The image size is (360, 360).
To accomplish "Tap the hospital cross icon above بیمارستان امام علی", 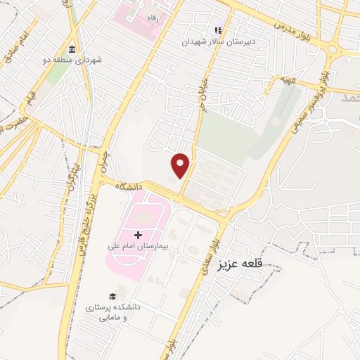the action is tap(138, 234).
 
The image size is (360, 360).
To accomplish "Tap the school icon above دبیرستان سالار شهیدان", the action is tap(218, 30).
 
